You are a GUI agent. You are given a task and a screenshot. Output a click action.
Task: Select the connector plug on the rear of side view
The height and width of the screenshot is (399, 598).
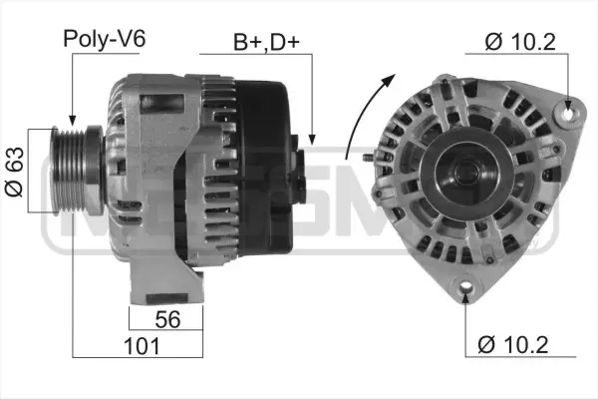click(x=303, y=170)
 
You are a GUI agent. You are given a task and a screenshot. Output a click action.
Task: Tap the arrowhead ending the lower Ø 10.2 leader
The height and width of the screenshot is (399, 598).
click(x=466, y=298)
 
